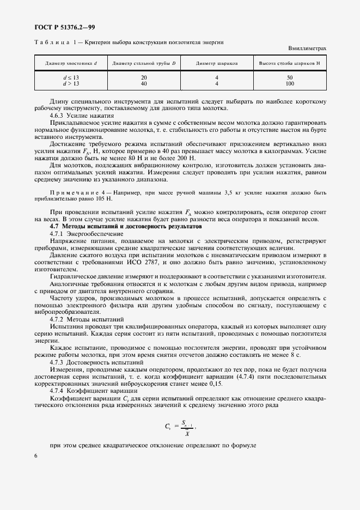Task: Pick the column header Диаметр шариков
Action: (217, 64)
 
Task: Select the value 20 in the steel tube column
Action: (144, 78)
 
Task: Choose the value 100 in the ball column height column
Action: (290, 84)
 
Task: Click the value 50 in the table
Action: (290, 78)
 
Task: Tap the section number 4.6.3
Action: (58, 116)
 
